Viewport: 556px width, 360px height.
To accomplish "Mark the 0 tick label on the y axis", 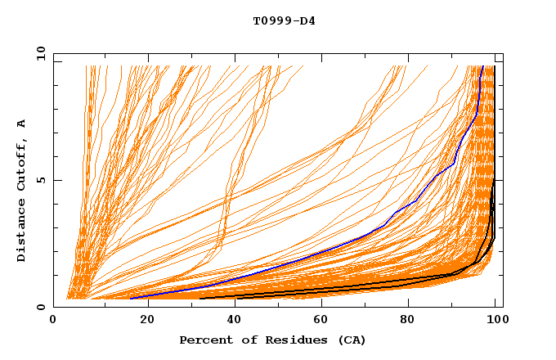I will coord(42,308).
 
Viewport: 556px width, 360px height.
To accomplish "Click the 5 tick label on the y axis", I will coord(42,180).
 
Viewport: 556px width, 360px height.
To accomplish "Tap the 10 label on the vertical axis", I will coord(38,53).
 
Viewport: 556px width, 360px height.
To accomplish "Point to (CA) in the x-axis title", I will coord(352,340).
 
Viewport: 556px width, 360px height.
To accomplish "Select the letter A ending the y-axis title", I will coord(22,123).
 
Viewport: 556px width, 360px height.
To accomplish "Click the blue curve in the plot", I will coord(327,251).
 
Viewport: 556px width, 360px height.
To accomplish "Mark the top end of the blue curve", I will coord(482,66).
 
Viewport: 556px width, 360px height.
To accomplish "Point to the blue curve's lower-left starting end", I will coord(130,298).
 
